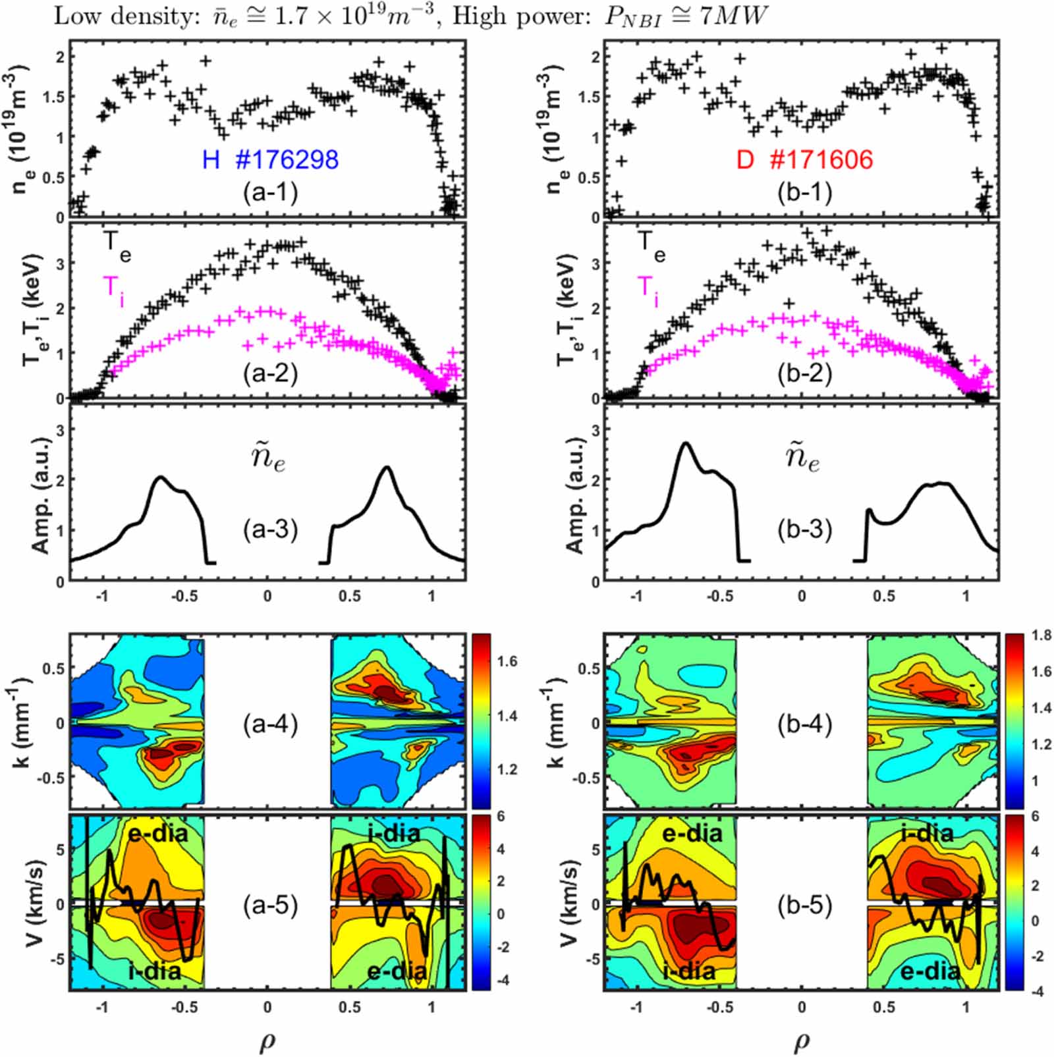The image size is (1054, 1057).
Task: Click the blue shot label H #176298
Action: click(270, 159)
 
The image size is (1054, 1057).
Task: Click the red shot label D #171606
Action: click(804, 159)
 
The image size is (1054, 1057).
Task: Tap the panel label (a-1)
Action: click(270, 192)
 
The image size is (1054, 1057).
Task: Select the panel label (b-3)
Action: click(804, 530)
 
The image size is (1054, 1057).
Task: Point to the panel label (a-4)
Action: click(270, 724)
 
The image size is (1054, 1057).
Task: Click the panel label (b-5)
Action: click(804, 906)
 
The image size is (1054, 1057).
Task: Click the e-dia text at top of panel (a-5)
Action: click(157, 834)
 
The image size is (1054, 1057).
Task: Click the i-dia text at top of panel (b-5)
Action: click(927, 834)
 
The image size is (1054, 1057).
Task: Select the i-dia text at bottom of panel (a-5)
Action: click(154, 971)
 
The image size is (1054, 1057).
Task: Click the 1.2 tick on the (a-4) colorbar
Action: click(507, 769)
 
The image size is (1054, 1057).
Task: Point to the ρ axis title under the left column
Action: click(267, 1041)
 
